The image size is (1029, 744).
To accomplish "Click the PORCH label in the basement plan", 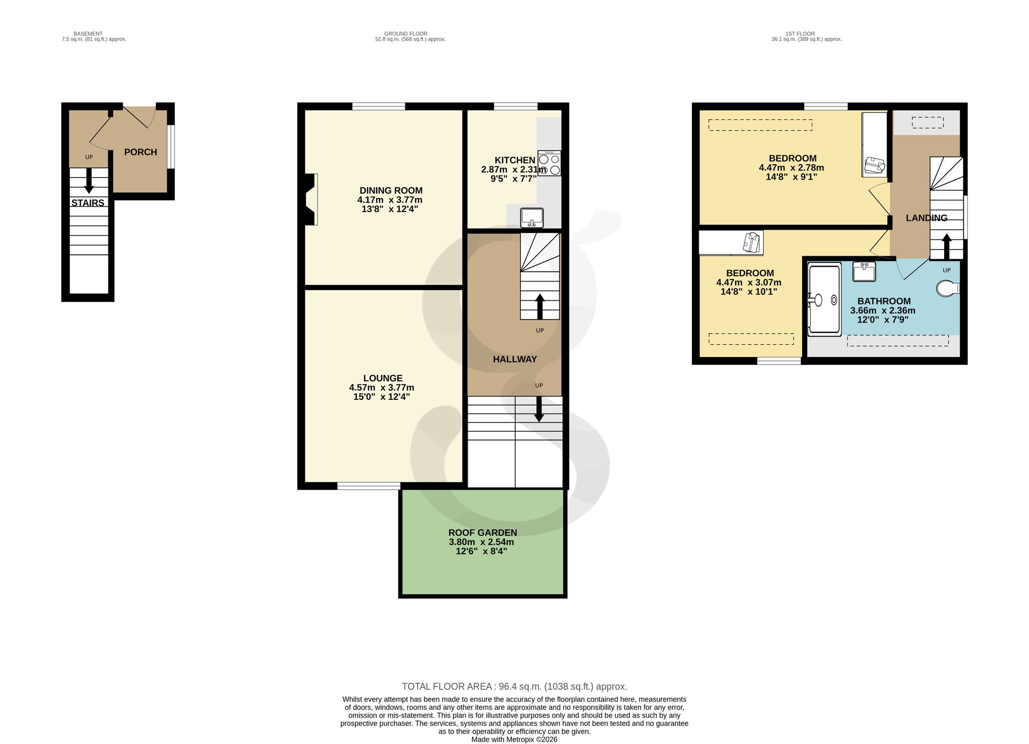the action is point(140,152).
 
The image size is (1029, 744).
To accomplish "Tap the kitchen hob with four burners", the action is point(549,163).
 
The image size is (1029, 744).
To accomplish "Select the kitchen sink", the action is point(532,218).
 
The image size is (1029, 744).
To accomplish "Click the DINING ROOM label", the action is point(391,190).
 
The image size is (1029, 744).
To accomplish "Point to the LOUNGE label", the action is point(383,378).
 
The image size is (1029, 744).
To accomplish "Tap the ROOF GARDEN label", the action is point(483,533).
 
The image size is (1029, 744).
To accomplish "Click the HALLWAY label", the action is point(515,359).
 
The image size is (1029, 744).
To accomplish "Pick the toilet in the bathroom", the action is point(948,289).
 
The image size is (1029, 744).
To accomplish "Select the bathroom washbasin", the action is point(864,272).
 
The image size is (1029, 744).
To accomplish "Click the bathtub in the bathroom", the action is point(824,299).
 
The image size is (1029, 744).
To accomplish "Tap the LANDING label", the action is point(927,218).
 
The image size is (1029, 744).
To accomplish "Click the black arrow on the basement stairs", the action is point(89,181).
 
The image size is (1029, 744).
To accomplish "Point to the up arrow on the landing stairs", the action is point(946,247).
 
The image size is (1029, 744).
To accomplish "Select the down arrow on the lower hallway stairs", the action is point(539,409).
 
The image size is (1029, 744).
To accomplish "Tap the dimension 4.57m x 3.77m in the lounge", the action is point(382,387).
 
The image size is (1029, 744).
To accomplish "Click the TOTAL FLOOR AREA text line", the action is point(514,686).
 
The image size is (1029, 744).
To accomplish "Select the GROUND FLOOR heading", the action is point(405,34).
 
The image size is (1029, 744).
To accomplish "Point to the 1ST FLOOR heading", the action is point(800,34).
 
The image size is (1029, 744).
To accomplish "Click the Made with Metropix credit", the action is point(514,739).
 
